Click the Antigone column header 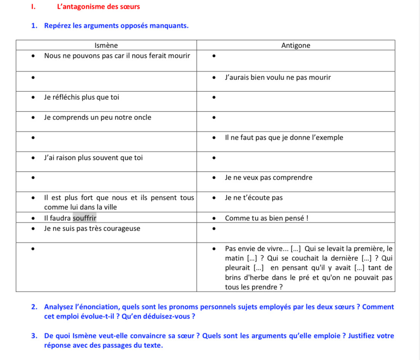(x=296, y=46)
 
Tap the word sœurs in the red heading (x=130, y=7)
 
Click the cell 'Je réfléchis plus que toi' (x=81, y=97)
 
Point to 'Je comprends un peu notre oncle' (x=97, y=117)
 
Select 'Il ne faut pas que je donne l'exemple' (x=284, y=137)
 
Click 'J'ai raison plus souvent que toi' (x=93, y=158)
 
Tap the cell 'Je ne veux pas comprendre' (x=269, y=177)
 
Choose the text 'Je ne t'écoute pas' (x=254, y=198)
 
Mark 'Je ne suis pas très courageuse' (x=92, y=228)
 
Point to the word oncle (x=142, y=117)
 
